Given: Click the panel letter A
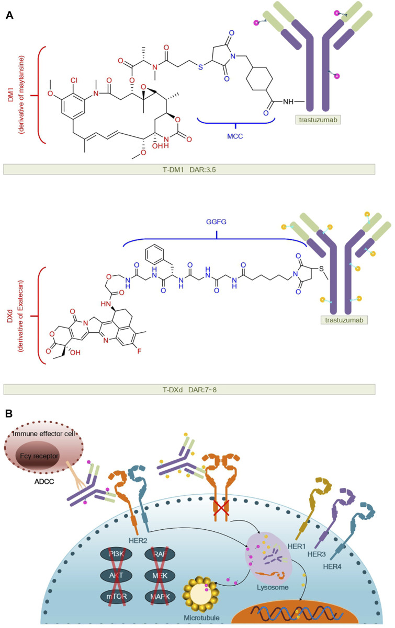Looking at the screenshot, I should click(x=9, y=16).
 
